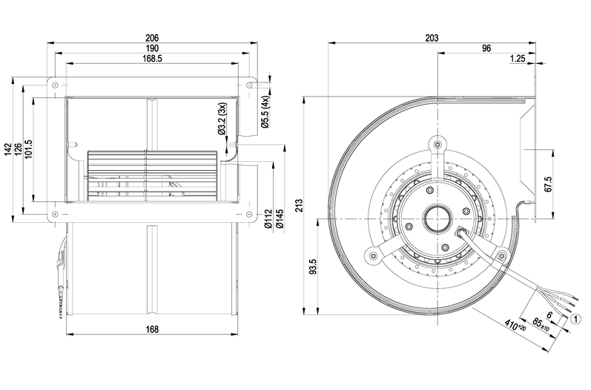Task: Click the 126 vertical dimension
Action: (x=19, y=149)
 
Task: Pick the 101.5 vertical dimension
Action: (x=30, y=149)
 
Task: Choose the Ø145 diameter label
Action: (x=279, y=222)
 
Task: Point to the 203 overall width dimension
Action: (x=432, y=38)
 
